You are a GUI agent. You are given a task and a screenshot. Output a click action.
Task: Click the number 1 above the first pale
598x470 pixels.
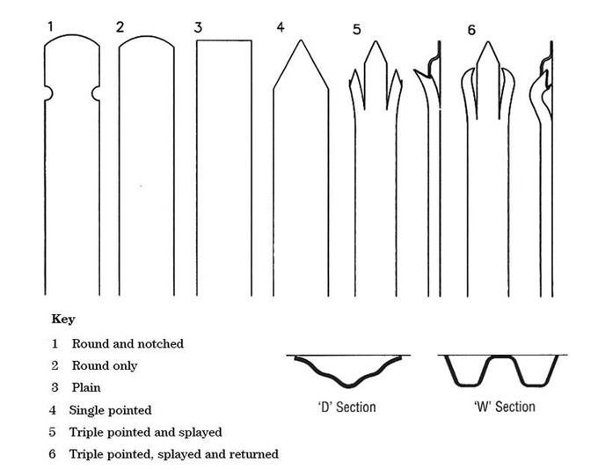click(50, 27)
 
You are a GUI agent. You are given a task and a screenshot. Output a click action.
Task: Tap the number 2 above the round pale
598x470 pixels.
click(120, 27)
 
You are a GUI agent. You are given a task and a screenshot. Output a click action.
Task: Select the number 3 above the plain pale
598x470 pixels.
click(199, 27)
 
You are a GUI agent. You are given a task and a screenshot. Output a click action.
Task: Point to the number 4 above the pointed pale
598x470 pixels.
click(280, 27)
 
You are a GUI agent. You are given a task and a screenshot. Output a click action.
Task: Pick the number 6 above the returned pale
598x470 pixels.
click(471, 30)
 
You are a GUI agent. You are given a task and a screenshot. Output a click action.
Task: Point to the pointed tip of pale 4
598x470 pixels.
click(300, 41)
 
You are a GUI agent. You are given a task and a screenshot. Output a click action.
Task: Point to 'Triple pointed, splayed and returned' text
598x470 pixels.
click(175, 454)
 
